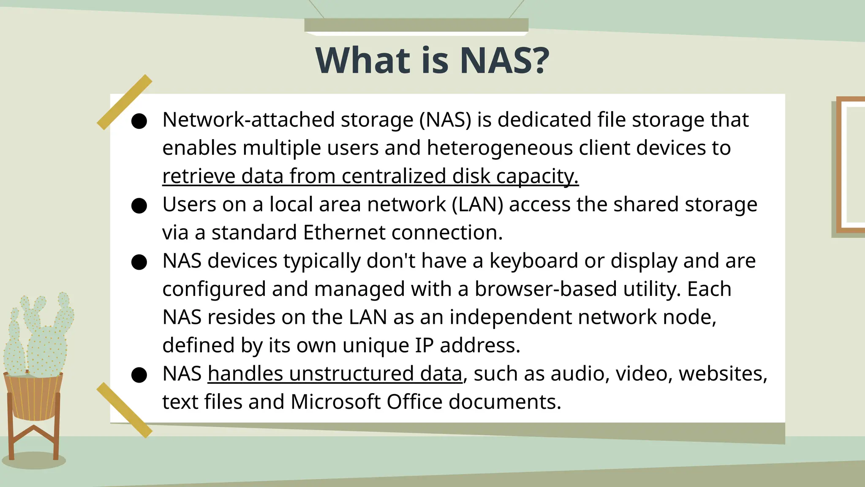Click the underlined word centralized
click(x=393, y=176)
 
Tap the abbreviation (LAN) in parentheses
click(x=477, y=205)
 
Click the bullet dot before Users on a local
click(x=139, y=206)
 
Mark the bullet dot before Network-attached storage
click(x=139, y=121)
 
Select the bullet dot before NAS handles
click(x=139, y=375)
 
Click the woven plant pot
click(x=33, y=397)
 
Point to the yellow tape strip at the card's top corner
click(x=124, y=102)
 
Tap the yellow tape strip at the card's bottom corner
click(x=124, y=410)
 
